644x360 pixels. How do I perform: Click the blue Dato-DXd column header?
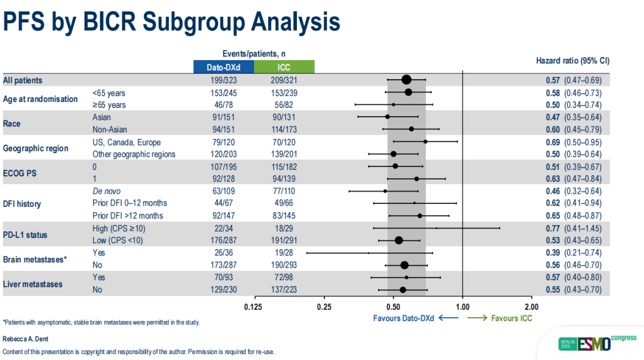tap(224, 67)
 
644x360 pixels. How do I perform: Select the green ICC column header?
tap(284, 67)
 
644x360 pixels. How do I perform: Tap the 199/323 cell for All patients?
tap(224, 80)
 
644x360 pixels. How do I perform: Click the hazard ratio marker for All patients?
tap(407, 80)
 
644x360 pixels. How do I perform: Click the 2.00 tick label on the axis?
tap(532, 307)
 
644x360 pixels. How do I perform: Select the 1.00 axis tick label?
tap(463, 307)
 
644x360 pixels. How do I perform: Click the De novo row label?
tap(107, 191)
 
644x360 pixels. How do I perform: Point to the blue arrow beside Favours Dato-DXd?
tap(448, 318)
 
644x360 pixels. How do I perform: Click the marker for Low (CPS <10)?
tap(399, 240)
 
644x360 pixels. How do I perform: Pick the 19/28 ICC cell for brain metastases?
tap(284, 253)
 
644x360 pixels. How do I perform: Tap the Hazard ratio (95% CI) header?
tap(573, 61)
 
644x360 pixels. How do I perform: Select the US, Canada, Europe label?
tap(126, 142)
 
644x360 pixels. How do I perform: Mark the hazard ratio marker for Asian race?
tap(388, 117)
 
